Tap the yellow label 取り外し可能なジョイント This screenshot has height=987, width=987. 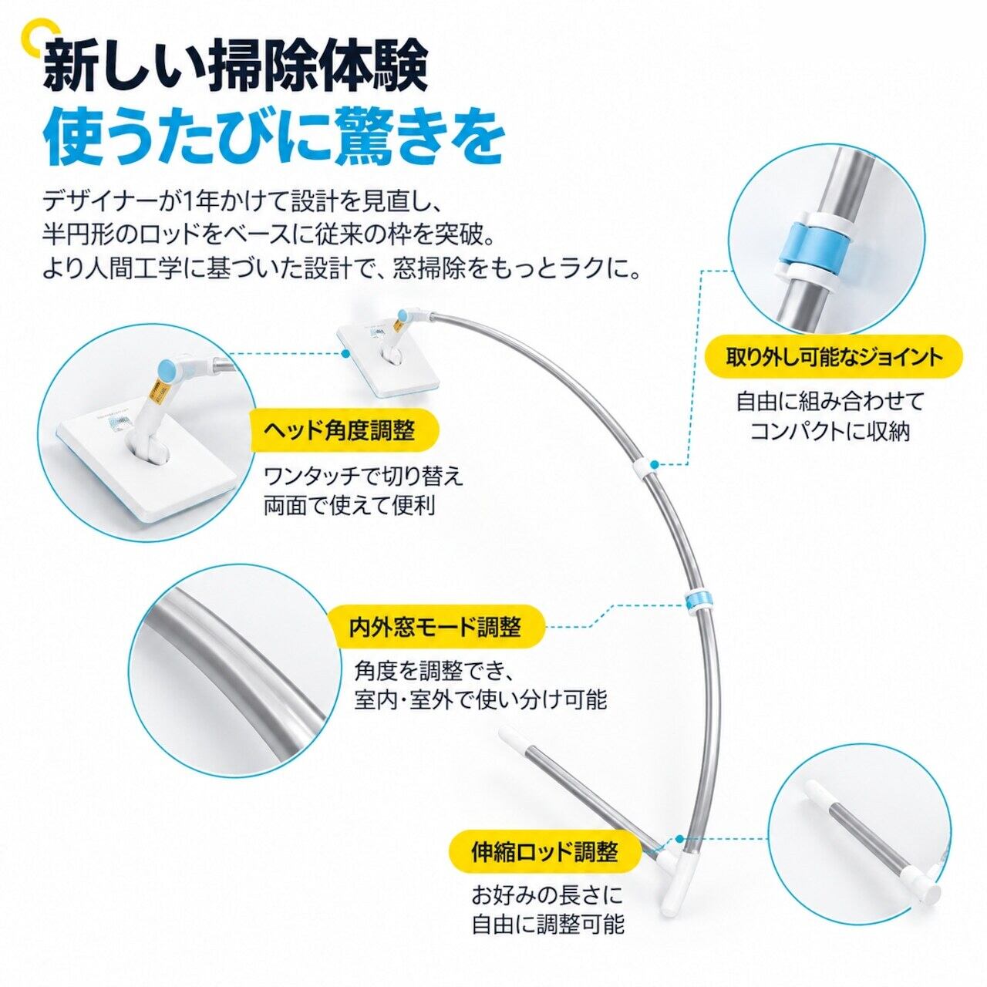pyautogui.click(x=834, y=358)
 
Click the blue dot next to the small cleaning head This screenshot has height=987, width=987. pyautogui.click(x=345, y=353)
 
